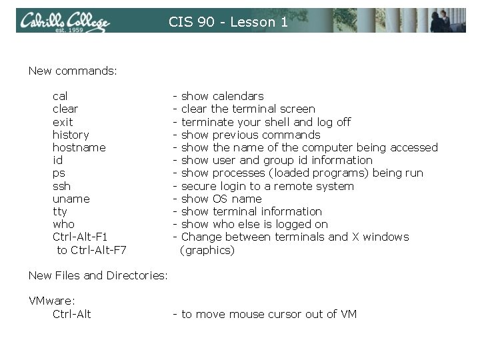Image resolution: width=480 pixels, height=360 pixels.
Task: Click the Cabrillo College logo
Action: point(64,21)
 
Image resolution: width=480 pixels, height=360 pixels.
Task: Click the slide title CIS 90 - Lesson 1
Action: point(228,22)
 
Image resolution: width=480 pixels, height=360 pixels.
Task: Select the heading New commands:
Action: point(73,70)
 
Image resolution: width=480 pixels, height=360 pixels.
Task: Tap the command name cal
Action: point(60,96)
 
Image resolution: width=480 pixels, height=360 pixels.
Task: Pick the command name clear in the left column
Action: point(65,109)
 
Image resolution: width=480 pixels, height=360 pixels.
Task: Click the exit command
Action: point(63,122)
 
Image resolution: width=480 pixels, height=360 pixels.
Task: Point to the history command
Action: point(71,135)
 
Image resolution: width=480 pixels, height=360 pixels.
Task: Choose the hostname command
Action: point(79,147)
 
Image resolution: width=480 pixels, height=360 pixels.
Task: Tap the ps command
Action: point(59,173)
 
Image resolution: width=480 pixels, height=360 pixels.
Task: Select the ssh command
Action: point(61,186)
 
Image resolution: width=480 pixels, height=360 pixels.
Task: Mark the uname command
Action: point(71,199)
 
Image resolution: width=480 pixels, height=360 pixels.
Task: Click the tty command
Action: point(60,211)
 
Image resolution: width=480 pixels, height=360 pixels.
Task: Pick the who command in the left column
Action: point(63,224)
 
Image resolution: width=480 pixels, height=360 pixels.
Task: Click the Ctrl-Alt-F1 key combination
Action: point(80,237)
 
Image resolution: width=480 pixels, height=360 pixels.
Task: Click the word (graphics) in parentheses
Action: point(207,250)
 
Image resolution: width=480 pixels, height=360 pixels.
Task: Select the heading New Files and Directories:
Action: point(97,275)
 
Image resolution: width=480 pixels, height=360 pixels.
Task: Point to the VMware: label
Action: point(53,301)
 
